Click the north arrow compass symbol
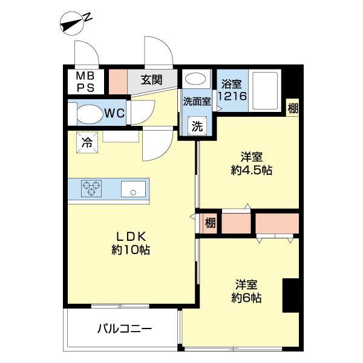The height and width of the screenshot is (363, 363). [76, 24]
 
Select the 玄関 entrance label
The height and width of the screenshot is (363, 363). [152, 79]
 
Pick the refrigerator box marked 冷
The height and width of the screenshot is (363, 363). [87, 143]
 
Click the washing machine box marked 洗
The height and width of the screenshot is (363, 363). [197, 127]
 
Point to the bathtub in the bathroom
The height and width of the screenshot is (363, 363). [264, 90]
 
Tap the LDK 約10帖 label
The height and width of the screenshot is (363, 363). [130, 242]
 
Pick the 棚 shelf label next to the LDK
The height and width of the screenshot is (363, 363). [209, 223]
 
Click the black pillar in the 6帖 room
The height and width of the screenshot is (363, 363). [291, 295]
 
